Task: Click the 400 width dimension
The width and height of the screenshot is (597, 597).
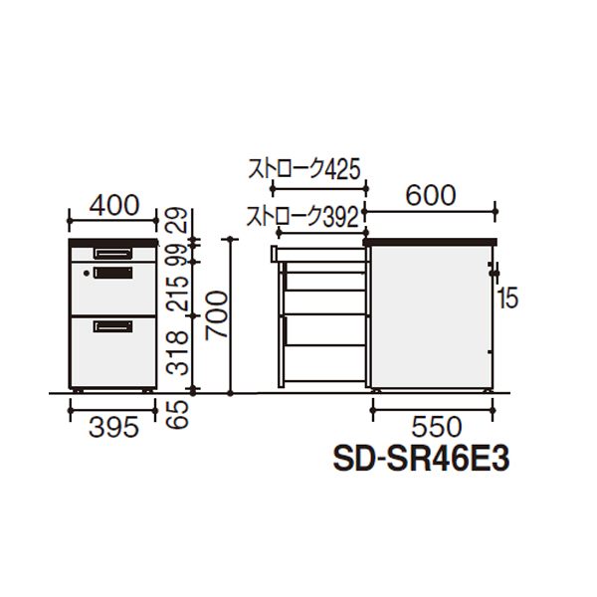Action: pyautogui.click(x=114, y=206)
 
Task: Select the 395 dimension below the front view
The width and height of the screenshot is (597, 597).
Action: pyautogui.click(x=113, y=427)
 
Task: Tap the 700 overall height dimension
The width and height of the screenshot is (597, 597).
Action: pyautogui.click(x=217, y=314)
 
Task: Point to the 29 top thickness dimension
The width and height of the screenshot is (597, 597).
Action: pyautogui.click(x=177, y=220)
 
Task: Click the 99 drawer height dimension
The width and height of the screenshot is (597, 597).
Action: pyautogui.click(x=177, y=256)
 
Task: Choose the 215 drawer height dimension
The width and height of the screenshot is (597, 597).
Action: pyautogui.click(x=177, y=294)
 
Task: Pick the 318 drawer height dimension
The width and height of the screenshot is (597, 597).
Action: pyautogui.click(x=177, y=353)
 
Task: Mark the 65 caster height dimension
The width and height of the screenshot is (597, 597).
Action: pyautogui.click(x=177, y=414)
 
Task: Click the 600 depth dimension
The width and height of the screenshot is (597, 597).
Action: pyautogui.click(x=430, y=196)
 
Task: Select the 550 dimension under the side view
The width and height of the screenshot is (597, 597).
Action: pyautogui.click(x=437, y=427)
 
